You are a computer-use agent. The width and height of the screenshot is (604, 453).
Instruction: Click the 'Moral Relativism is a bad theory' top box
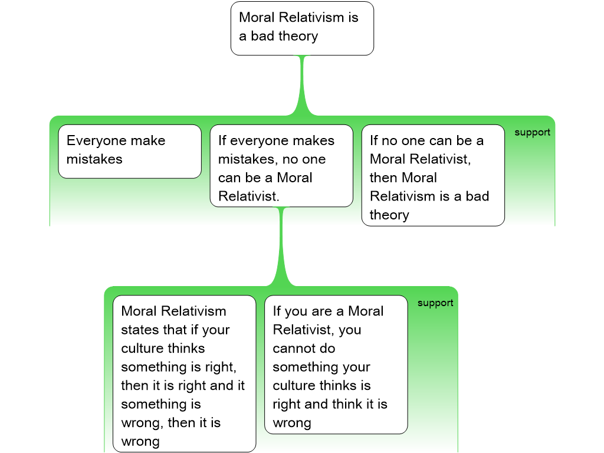(302, 28)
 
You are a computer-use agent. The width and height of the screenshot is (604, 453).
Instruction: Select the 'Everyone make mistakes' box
(130, 151)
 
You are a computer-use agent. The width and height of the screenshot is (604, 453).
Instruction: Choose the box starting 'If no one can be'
(433, 175)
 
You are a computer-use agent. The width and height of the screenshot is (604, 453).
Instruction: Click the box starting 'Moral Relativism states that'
(184, 373)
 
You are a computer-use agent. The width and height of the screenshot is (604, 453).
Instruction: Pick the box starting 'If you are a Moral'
(336, 364)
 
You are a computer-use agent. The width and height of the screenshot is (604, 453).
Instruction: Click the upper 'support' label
(532, 132)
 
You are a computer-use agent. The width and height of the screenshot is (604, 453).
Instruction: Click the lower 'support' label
(435, 303)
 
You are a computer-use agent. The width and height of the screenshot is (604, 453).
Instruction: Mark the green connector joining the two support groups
(281, 248)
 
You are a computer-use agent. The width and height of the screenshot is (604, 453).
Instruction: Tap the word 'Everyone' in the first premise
(96, 140)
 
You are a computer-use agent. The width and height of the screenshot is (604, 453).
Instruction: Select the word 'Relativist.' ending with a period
(248, 196)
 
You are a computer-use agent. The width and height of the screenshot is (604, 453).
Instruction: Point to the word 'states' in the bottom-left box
(140, 330)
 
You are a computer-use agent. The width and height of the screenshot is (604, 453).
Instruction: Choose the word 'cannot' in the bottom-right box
(293, 349)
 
